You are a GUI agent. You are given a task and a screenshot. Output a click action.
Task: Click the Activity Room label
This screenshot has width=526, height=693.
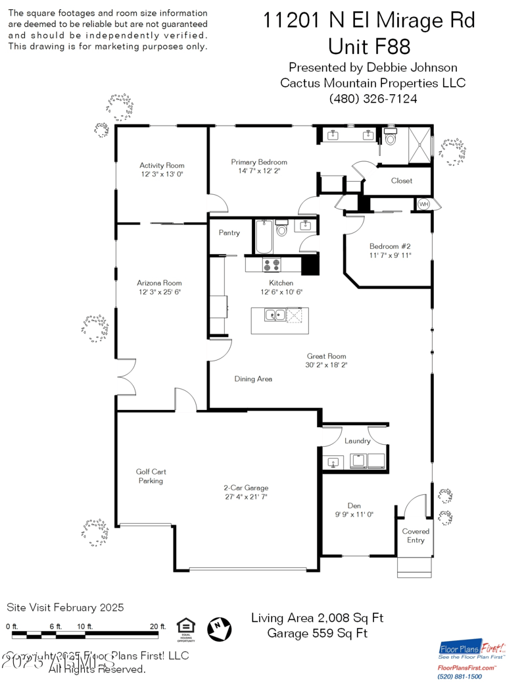[162, 165]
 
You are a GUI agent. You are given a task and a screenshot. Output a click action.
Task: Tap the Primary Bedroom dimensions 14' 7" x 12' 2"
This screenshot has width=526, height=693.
[258, 171]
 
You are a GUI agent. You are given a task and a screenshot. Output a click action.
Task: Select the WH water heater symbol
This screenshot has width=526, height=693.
[423, 205]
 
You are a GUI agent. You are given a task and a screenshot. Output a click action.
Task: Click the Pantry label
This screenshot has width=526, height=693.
[229, 233]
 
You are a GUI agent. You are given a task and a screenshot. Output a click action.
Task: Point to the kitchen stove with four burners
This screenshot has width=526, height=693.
[272, 265]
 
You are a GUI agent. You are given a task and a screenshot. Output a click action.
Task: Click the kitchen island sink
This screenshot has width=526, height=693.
[275, 316]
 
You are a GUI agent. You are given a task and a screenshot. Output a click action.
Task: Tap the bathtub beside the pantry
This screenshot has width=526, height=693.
[264, 237]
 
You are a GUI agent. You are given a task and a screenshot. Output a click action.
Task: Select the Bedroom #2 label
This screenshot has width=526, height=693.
[389, 246]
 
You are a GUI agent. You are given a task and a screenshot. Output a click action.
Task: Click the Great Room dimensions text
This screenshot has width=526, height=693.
[325, 365]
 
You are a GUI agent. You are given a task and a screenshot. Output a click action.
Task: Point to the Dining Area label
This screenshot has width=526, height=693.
[253, 379]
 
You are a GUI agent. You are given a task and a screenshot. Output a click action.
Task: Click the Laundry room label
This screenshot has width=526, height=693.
[357, 441]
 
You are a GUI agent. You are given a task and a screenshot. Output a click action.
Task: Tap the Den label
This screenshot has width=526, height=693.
[354, 505]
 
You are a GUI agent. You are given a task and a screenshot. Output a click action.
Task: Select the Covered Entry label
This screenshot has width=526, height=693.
[416, 536]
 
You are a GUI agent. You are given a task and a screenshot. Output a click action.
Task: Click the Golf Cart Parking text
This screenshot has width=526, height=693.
[150, 476]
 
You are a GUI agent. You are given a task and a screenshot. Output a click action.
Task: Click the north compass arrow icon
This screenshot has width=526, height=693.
[220, 629]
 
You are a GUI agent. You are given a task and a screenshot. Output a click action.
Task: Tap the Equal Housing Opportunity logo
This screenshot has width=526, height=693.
[185, 629]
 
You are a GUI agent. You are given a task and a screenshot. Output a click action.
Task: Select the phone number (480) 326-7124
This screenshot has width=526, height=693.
[373, 99]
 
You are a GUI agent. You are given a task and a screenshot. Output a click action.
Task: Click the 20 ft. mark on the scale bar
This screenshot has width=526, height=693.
[158, 627]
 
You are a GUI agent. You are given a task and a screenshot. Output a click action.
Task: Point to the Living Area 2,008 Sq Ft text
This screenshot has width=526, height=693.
[317, 618]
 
